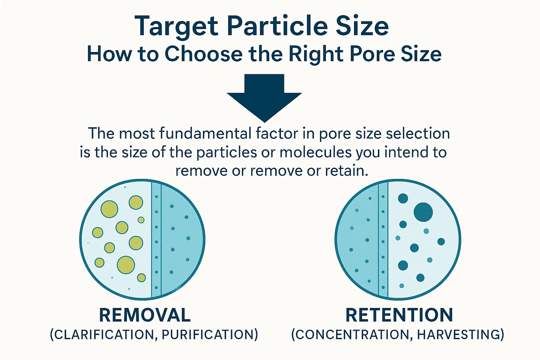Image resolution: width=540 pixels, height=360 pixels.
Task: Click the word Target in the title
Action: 176,26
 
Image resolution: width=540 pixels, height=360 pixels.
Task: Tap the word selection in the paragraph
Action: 418,133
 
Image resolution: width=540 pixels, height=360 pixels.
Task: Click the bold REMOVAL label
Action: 145,315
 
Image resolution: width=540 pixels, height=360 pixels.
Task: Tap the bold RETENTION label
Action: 399,315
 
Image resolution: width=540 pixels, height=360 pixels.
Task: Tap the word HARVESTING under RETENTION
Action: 458,335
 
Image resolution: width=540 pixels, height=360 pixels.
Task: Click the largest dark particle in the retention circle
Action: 423,212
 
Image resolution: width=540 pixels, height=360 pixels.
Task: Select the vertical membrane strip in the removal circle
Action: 156,239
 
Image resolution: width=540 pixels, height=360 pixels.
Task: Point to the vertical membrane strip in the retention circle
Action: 383,239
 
